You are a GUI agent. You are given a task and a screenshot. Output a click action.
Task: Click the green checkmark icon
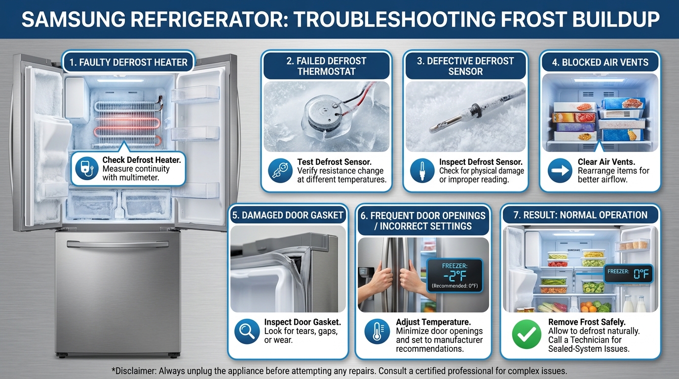pos(527,335)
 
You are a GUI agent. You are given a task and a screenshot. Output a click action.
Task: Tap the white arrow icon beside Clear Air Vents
pos(560,170)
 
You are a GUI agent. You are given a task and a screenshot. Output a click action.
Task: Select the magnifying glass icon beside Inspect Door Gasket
pos(247,331)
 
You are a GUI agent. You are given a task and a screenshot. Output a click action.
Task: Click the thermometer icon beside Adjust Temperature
pos(377,331)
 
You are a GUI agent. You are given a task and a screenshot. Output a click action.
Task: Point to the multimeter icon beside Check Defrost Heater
pos(87,169)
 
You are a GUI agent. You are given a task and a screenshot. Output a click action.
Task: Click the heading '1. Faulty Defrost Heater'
pos(128,63)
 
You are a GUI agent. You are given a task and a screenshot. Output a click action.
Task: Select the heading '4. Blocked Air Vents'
pos(600,63)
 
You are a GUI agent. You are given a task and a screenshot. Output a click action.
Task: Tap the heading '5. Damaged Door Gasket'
pos(288,215)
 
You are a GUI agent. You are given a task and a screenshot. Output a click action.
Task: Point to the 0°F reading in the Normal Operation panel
pos(641,274)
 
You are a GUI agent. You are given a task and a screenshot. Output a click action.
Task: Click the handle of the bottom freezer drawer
pos(117,244)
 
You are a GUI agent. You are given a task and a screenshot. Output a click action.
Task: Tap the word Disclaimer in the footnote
pos(134,371)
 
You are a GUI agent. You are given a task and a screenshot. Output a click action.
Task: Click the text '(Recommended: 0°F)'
pos(454,286)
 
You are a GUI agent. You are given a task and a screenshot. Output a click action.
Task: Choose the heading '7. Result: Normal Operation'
pos(580,215)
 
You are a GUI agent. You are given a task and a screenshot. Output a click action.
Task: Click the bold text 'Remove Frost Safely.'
pos(587,322)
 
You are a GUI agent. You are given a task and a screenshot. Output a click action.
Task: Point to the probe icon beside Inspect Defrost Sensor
pos(422,170)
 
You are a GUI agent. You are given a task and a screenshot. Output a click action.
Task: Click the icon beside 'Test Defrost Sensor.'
pos(280,170)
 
